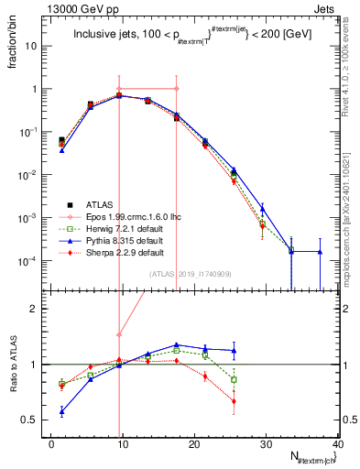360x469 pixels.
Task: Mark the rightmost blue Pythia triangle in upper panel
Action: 320,251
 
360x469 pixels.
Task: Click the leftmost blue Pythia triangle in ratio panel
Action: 60,412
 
